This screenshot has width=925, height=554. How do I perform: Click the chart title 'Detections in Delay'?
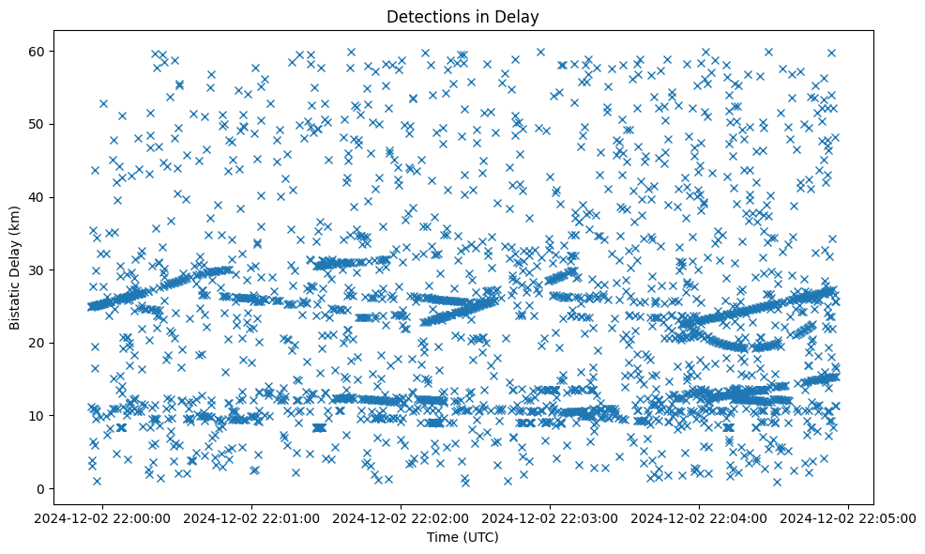coord(462,16)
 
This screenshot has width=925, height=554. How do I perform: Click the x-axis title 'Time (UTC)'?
coord(462,538)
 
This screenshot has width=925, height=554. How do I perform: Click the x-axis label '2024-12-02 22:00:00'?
coord(104,517)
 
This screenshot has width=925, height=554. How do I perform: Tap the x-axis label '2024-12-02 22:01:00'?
coord(252,517)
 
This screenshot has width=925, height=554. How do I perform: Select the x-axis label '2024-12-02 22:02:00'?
coord(402,517)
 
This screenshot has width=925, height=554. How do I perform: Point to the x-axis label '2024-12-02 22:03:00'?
coord(551,517)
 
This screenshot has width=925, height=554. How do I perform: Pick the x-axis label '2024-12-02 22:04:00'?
coord(700,517)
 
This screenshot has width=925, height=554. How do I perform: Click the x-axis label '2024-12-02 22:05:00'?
coord(848,517)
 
